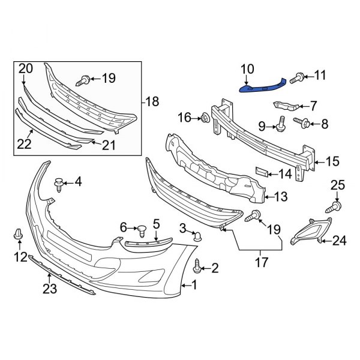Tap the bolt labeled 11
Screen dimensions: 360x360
[298, 77]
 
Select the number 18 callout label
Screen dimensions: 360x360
[152, 102]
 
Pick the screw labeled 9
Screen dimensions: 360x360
[280, 126]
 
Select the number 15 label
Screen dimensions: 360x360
[332, 161]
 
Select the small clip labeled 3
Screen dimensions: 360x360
[197, 238]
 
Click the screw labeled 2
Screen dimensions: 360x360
[199, 263]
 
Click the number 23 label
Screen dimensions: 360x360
[49, 289]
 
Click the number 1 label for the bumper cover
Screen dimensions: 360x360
[194, 286]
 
